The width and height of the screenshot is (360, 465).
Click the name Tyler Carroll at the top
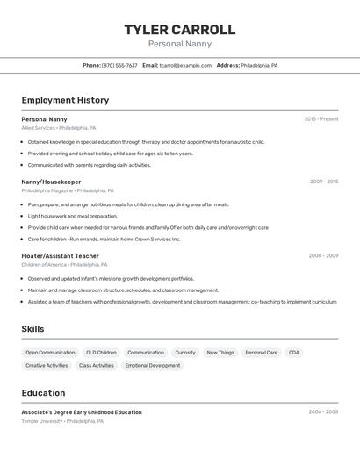click(x=180, y=30)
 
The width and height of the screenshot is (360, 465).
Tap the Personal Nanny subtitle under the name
click(x=180, y=44)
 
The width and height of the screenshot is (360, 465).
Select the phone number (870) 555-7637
click(x=119, y=65)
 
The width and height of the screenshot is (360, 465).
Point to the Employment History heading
click(x=65, y=100)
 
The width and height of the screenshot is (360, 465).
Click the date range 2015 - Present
click(x=320, y=119)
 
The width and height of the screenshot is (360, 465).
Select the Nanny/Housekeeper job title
click(x=51, y=182)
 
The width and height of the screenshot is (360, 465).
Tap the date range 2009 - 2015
click(x=323, y=182)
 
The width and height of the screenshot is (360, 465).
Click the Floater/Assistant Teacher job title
click(x=61, y=256)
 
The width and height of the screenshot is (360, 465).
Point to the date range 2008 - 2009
click(x=323, y=256)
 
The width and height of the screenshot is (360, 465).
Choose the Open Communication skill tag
click(x=50, y=353)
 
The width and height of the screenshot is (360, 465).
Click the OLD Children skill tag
click(x=101, y=353)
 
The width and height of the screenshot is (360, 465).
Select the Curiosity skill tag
click(x=185, y=353)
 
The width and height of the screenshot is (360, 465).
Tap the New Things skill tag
click(x=220, y=353)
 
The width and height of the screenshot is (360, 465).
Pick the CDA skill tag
click(x=294, y=353)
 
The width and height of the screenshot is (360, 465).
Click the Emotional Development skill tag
click(x=153, y=365)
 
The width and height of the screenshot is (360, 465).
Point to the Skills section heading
click(x=33, y=329)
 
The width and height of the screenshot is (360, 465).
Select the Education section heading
click(x=43, y=393)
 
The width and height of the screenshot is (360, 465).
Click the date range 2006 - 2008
click(x=323, y=412)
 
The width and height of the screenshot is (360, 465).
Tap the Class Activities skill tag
click(x=97, y=365)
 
